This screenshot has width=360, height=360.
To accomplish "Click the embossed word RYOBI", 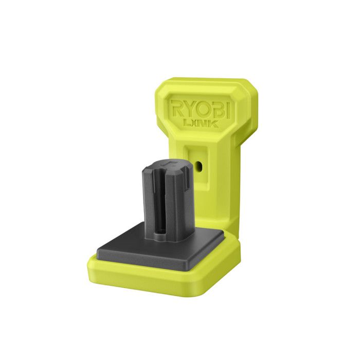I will pos(200,109).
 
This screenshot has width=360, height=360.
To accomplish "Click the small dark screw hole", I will pos(199,166).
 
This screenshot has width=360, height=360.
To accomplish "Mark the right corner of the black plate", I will pos(224,236).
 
